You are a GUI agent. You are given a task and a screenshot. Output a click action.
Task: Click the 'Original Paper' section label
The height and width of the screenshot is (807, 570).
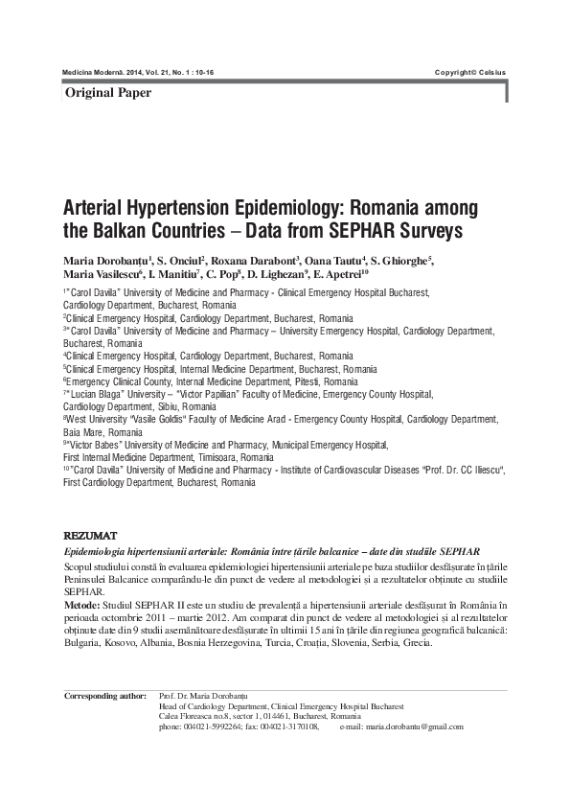click(x=107, y=93)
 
